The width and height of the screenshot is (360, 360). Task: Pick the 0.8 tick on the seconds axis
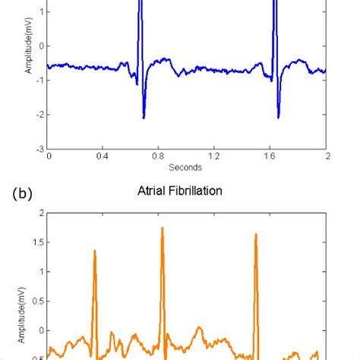[159, 156]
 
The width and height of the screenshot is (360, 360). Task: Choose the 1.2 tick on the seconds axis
[215, 156]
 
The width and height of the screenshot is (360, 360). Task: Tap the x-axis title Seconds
[187, 167]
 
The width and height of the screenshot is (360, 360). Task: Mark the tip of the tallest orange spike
[162, 227]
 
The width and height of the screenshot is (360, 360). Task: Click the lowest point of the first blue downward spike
[144, 118]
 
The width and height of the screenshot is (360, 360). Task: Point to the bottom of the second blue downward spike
[279, 117]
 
